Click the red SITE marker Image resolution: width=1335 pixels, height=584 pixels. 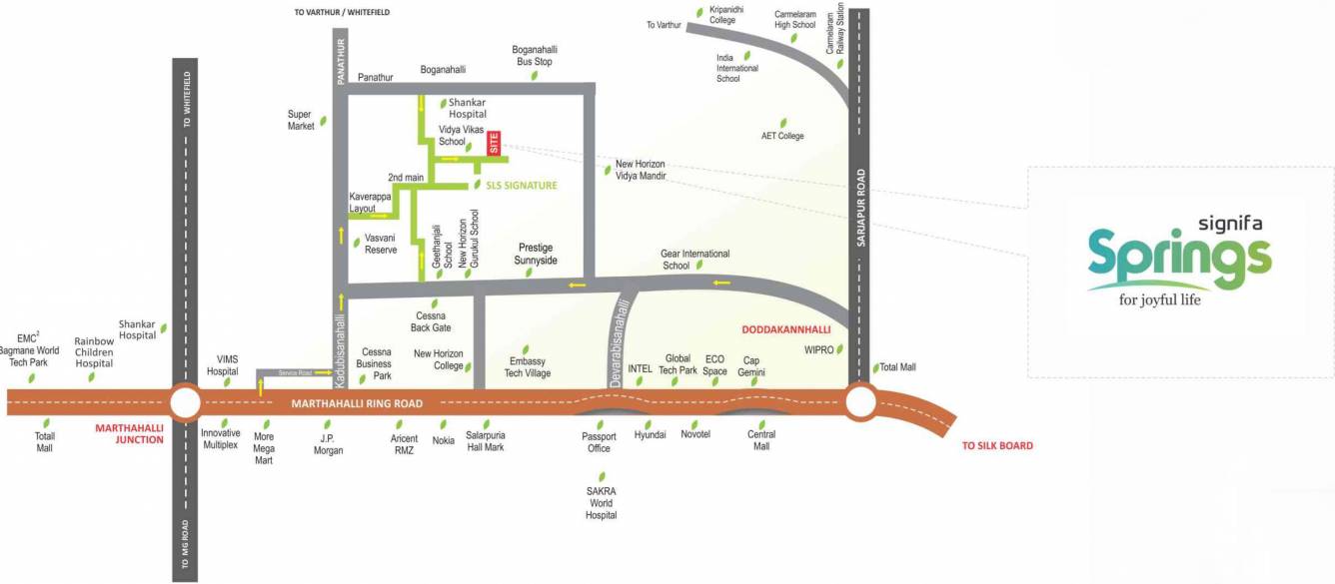point(494,143)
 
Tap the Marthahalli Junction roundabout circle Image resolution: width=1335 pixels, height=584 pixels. point(185,403)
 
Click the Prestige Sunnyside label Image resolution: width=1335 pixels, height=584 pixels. point(536,254)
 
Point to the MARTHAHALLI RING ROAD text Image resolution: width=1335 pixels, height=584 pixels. point(356,403)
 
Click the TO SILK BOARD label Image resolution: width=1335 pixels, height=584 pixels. point(997,445)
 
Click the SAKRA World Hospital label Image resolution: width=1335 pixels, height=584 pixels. point(602,503)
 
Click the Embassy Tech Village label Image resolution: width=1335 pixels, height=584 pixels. point(529,367)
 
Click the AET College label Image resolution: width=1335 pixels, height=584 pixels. point(782,136)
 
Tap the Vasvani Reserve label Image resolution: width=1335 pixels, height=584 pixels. point(381,244)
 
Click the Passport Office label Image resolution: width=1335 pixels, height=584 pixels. point(599,442)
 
